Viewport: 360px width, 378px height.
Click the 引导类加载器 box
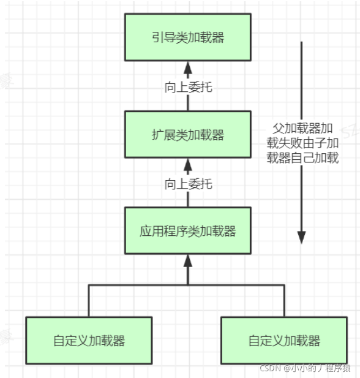pos(187,37)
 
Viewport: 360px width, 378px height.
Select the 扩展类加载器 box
pos(187,135)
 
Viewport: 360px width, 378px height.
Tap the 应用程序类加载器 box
pos(187,231)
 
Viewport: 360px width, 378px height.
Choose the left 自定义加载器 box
pos(89,340)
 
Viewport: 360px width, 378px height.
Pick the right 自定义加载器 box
pos(283,340)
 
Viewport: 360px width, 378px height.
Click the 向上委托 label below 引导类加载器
pos(188,87)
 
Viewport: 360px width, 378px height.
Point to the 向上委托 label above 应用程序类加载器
pos(188,183)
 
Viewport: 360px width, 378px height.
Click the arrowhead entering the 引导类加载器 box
pos(188,66)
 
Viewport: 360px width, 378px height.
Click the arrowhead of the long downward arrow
pos(301,236)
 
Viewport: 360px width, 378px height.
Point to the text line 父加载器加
pos(302,129)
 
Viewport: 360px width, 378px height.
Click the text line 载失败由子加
pos(302,143)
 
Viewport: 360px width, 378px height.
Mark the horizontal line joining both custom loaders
pos(187,285)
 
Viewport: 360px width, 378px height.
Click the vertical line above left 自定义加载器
pos(89,300)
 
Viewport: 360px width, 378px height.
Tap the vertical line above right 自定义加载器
pos(283,300)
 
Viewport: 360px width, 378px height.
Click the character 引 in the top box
pos(157,37)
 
